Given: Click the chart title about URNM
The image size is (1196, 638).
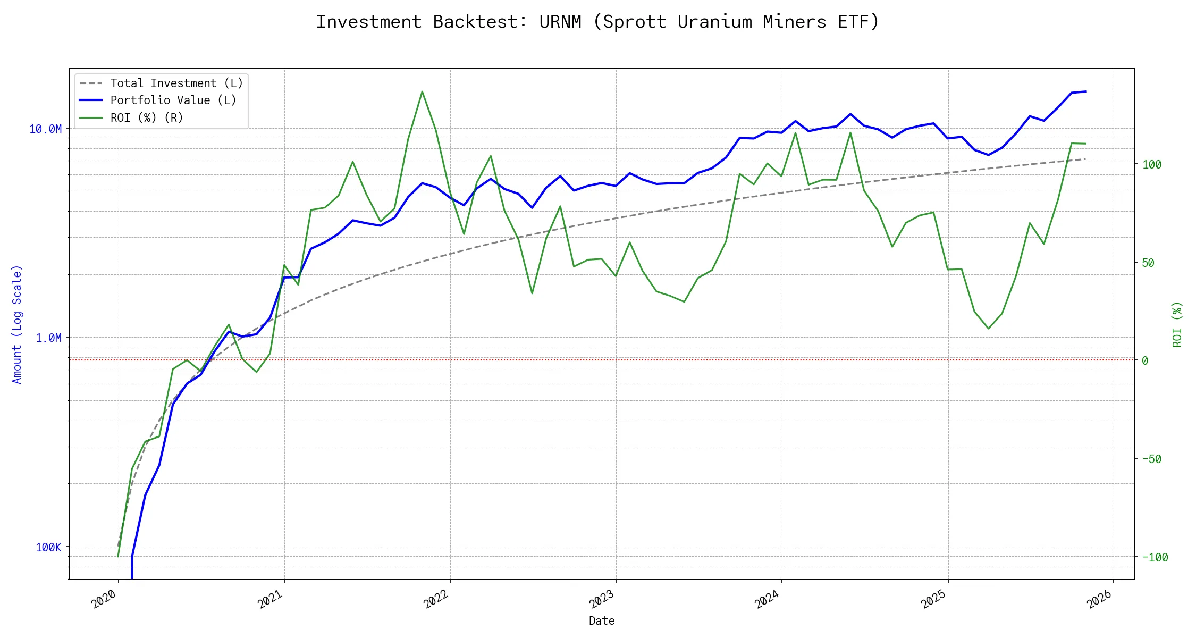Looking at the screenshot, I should (597, 22).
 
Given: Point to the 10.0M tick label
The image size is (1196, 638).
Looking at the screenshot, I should (45, 129).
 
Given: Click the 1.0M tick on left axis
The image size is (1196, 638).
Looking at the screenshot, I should (48, 338).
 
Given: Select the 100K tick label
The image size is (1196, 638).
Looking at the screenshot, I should (48, 548).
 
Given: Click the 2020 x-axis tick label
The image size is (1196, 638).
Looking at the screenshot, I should (104, 599).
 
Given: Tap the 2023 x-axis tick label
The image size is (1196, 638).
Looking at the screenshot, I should (602, 599).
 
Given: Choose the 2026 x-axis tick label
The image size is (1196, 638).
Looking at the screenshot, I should (1099, 599).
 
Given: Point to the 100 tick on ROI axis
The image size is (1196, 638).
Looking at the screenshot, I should (1152, 165).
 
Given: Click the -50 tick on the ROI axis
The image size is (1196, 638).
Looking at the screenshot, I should (1152, 459).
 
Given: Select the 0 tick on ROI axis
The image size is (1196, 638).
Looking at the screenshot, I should (1145, 361).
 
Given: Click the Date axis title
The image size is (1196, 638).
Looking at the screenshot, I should (602, 621).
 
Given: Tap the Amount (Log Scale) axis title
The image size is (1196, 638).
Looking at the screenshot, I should (17, 324).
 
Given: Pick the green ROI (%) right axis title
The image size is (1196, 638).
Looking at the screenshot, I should (1177, 324).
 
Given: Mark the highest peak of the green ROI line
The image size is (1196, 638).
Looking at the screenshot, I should (422, 91).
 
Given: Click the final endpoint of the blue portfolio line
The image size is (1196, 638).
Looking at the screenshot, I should (1086, 91).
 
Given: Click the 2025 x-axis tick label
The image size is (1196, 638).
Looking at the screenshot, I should (933, 599).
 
